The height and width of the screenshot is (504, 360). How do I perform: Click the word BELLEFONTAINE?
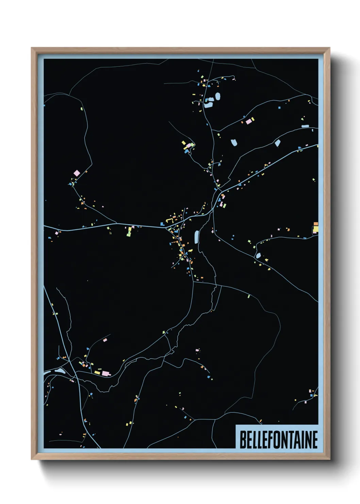279,440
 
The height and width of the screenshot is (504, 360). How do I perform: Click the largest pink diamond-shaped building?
77,173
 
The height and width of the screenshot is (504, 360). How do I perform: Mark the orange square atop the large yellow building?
315,224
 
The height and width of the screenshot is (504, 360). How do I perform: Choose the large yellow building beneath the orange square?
315,230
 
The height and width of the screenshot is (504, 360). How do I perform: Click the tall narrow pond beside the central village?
196,237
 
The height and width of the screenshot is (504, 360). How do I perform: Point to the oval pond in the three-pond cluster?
218,97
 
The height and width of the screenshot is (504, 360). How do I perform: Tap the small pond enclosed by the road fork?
258,255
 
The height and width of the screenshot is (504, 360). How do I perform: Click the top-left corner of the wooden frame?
32,48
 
